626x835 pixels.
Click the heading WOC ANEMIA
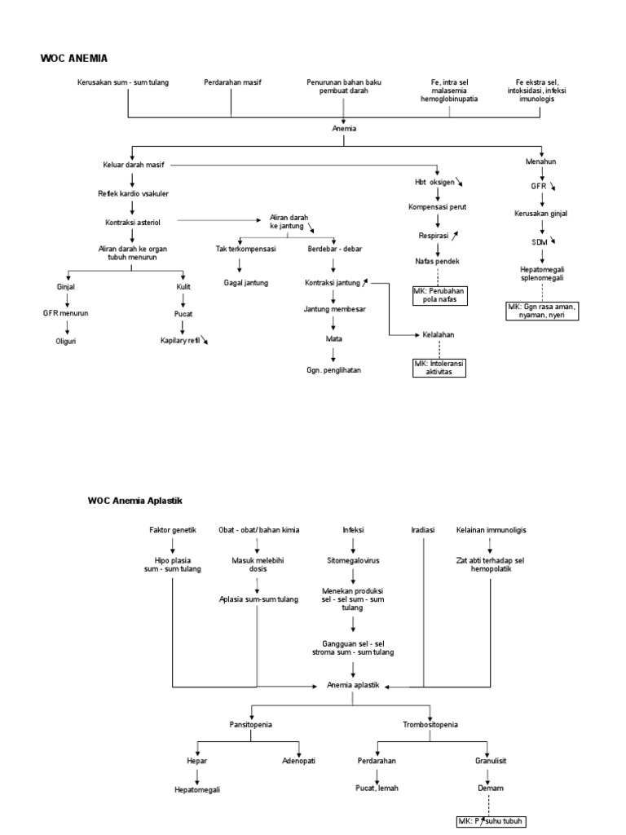tap(74, 58)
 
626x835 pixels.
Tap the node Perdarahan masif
tap(232, 83)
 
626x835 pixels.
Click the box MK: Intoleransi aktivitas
tap(439, 368)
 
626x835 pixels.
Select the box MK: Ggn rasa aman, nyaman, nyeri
tap(542, 311)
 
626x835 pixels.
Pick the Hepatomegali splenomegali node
tap(542, 272)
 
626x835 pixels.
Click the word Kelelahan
tap(439, 334)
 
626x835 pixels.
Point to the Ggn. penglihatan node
tap(333, 370)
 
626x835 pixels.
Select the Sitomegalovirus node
tap(351, 561)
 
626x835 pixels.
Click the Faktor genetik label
tap(173, 529)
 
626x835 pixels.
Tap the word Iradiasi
tap(423, 529)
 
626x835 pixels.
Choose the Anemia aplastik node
tap(353, 686)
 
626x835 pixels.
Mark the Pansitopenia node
tap(250, 724)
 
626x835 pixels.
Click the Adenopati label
tap(299, 761)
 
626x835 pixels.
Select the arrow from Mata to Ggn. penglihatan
tap(333, 353)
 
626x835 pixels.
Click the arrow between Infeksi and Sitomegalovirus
tap(351, 545)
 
